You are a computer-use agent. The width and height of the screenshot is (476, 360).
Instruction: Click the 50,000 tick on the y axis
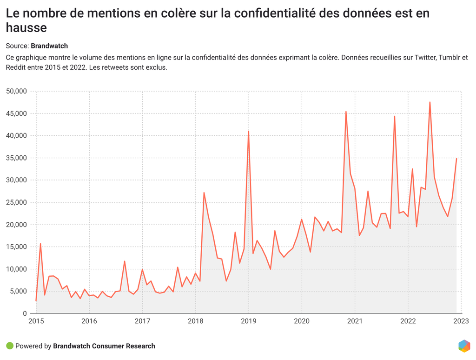(x=17, y=91)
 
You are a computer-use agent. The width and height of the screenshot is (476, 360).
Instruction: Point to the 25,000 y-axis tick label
(x=17, y=202)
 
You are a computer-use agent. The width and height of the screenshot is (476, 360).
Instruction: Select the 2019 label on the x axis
(x=249, y=321)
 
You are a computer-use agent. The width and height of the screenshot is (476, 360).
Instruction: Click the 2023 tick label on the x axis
(x=461, y=321)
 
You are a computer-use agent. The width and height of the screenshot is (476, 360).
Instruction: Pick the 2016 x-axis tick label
(x=89, y=321)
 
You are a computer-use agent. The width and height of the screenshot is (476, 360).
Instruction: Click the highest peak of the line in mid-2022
(x=430, y=102)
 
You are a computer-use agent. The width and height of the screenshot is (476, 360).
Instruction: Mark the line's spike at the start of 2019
(x=249, y=131)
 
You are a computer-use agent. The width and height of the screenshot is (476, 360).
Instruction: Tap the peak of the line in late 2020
(x=346, y=112)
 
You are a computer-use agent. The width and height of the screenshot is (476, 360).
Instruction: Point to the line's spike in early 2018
(x=204, y=193)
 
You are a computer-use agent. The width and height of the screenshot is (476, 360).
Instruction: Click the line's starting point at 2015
(x=36, y=300)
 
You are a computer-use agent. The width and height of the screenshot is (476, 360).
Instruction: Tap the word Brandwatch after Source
(x=49, y=46)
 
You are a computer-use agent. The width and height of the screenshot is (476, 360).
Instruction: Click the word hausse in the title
(x=26, y=28)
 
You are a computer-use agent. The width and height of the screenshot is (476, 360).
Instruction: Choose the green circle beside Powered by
(x=10, y=346)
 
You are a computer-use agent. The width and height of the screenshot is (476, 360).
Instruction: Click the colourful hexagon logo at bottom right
(x=464, y=346)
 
